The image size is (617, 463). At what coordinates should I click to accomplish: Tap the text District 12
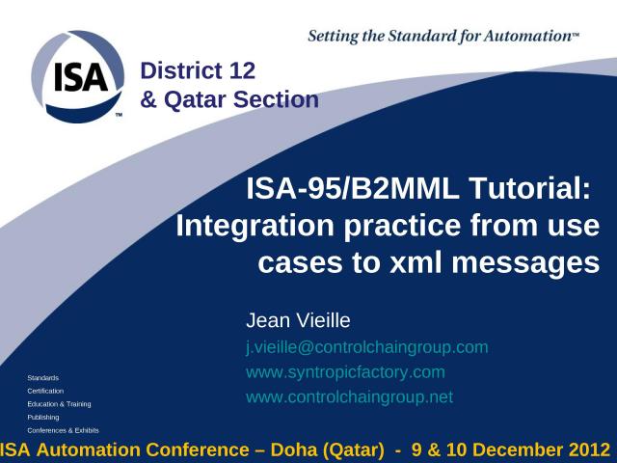tap(198, 69)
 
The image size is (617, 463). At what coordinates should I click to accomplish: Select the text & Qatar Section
tap(229, 98)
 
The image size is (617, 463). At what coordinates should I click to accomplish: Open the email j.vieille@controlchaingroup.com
tap(367, 346)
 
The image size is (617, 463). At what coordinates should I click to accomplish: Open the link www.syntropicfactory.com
tap(345, 371)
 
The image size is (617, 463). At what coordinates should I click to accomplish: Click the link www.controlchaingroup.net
tap(349, 396)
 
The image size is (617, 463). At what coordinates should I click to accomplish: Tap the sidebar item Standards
tap(42, 377)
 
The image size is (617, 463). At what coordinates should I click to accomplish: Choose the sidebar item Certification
tap(45, 391)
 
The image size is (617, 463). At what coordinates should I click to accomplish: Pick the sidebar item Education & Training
tap(59, 404)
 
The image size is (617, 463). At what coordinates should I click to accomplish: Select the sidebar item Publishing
tap(43, 417)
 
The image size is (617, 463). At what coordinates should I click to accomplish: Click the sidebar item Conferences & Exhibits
tap(63, 430)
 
